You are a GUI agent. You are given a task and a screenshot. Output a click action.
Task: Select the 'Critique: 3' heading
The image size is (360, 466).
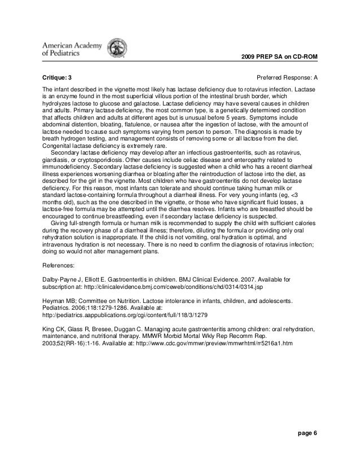[58, 76]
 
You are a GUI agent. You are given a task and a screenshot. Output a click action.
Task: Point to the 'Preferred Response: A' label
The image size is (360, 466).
[287, 76]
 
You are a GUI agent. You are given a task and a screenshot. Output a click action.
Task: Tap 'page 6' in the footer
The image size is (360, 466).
[308, 433]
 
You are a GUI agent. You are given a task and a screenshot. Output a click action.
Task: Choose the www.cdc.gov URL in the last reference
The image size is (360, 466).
[222, 344]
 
